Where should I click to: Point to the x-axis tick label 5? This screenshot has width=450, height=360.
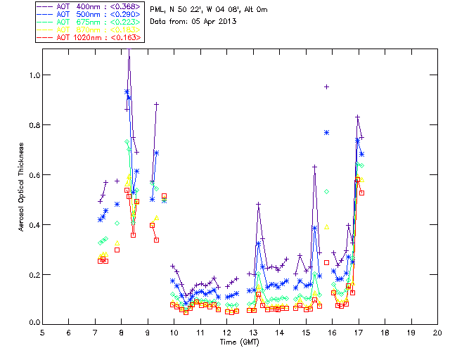tap(42, 332)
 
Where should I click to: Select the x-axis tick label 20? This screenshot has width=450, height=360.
tap(437, 332)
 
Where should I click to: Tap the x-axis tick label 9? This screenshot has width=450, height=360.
tap(148, 332)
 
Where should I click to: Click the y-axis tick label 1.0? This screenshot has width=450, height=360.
tap(34, 75)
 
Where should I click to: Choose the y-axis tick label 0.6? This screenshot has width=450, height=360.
tap(34, 174)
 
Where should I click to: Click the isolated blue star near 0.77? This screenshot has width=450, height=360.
tap(327, 132)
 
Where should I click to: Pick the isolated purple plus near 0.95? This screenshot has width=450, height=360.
tap(327, 86)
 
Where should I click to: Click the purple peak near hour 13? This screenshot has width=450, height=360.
tap(259, 204)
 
